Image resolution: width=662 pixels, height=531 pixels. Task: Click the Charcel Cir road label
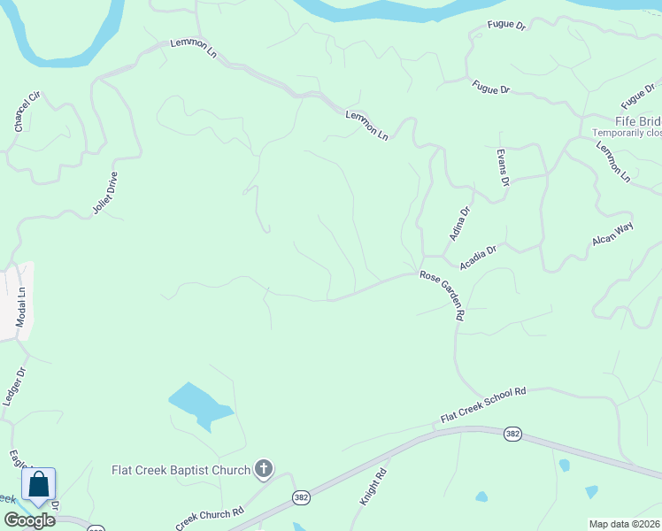point(28,112)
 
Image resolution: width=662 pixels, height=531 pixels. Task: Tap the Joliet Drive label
point(105,194)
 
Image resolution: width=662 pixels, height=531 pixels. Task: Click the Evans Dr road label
point(503,167)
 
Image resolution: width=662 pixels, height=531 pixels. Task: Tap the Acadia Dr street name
point(478,258)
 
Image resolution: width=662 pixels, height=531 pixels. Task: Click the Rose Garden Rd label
point(443,295)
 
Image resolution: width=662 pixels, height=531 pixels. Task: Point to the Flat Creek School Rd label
point(483,404)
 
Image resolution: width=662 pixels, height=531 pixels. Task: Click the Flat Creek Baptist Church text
point(181,469)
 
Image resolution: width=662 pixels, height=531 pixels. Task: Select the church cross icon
point(263,469)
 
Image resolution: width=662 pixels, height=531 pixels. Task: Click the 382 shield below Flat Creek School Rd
point(512,434)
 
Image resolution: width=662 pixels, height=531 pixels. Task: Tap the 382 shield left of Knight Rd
point(301,498)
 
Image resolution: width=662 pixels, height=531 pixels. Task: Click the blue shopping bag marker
point(38,485)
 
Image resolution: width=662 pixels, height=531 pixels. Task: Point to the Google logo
point(29,520)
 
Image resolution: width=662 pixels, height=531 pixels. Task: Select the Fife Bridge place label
point(638,120)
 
